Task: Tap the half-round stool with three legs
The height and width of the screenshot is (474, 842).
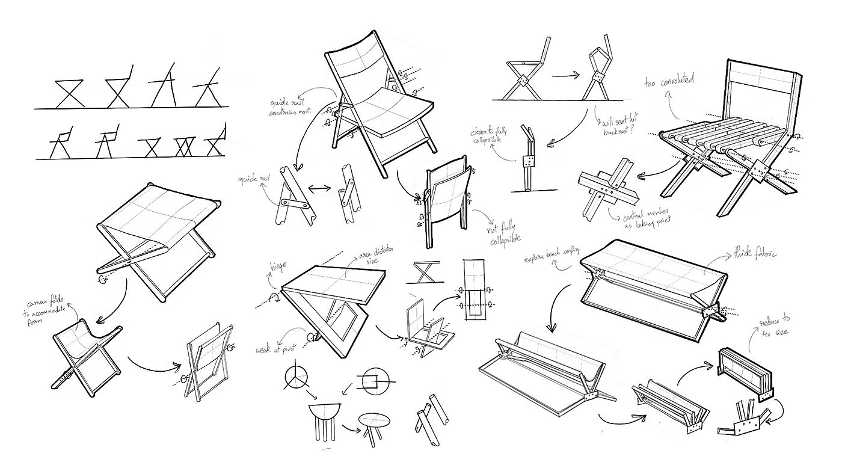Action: [325, 422]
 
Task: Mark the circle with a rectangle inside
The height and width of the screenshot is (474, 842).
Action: [372, 381]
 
